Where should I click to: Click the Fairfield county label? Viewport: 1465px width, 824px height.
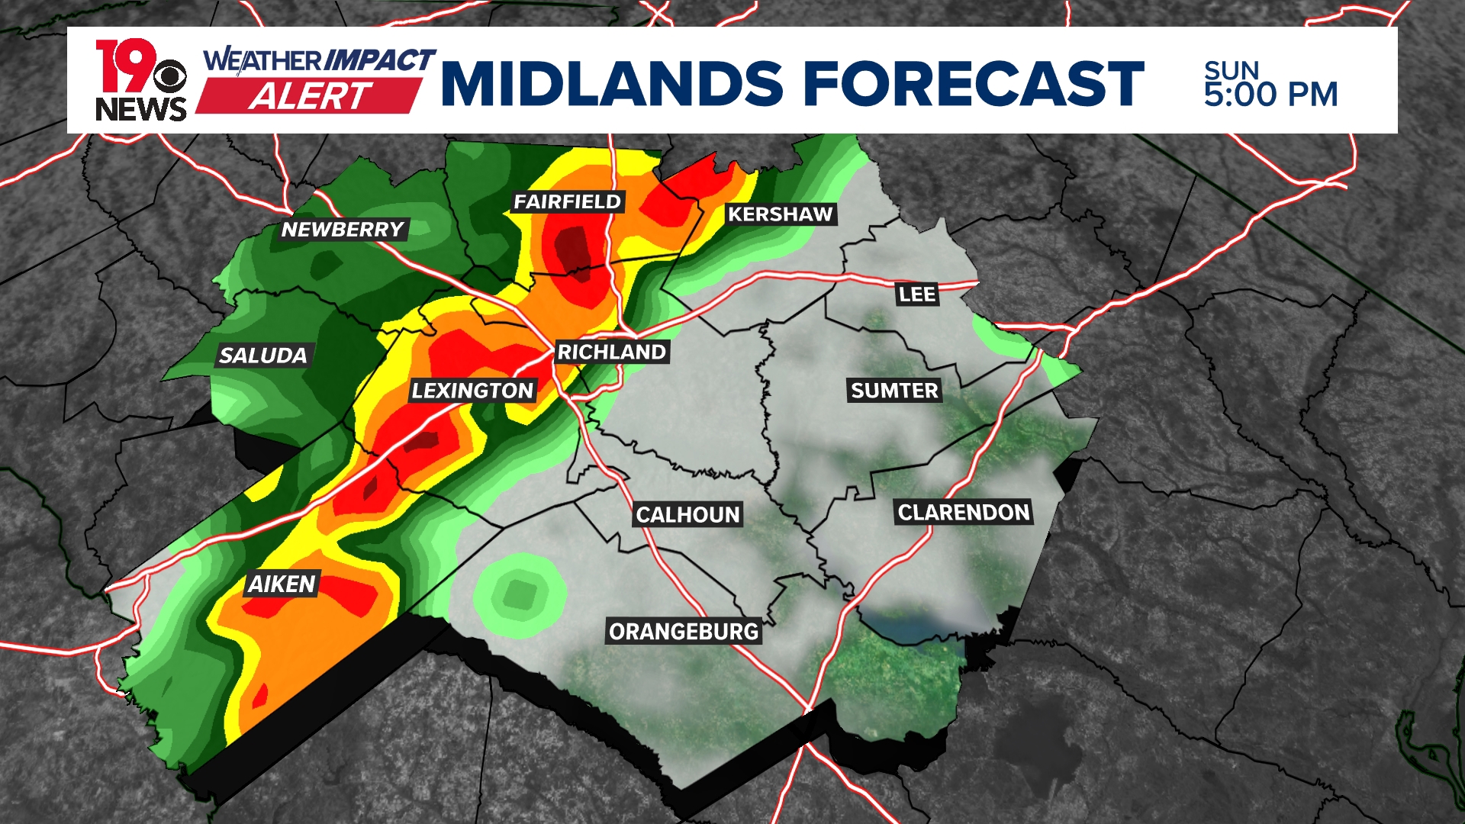point(568,201)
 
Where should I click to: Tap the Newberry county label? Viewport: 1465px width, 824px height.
point(343,229)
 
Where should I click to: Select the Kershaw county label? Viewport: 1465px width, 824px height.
point(780,214)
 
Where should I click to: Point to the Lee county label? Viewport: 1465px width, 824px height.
point(916,294)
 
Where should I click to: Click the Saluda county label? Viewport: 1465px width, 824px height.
point(262,355)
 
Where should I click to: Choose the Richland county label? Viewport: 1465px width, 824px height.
point(612,352)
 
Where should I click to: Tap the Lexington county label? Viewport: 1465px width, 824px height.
point(472,391)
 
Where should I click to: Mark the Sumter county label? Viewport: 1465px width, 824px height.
point(894,391)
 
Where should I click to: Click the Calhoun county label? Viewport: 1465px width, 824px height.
point(687,515)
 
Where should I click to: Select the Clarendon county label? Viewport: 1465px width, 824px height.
point(964,512)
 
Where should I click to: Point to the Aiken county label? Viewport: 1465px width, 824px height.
point(282,584)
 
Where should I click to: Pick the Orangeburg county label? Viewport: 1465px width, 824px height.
point(684,632)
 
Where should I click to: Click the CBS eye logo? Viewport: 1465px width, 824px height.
point(170,77)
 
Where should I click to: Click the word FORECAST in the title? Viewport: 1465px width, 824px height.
point(974,83)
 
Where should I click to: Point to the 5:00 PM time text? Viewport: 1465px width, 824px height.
point(1270,95)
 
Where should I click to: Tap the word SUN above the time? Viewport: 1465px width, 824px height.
point(1231,70)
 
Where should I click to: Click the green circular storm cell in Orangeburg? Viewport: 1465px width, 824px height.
point(520,594)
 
